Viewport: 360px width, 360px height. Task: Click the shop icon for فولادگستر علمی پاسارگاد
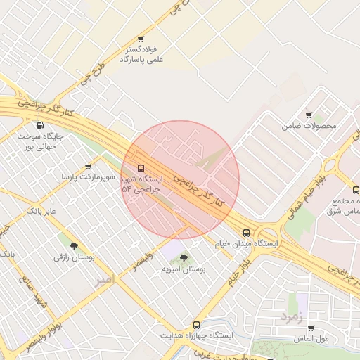[x=141, y=39]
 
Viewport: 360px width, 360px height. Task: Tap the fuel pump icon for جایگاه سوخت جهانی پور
[x=38, y=125]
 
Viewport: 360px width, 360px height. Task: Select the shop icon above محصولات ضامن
[x=309, y=115]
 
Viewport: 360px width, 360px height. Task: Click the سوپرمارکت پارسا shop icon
[x=88, y=167]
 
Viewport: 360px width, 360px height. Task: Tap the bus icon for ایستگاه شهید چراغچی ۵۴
[x=141, y=168]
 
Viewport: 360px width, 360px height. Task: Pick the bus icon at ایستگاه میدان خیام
[x=246, y=233]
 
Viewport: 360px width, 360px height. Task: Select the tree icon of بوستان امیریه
[x=184, y=258]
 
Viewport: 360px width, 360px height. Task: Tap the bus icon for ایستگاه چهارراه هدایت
[x=196, y=325]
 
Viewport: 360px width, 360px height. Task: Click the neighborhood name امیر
[x=103, y=280]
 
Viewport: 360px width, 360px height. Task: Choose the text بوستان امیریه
[x=184, y=269]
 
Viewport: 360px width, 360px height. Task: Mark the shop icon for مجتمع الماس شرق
[x=355, y=190]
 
